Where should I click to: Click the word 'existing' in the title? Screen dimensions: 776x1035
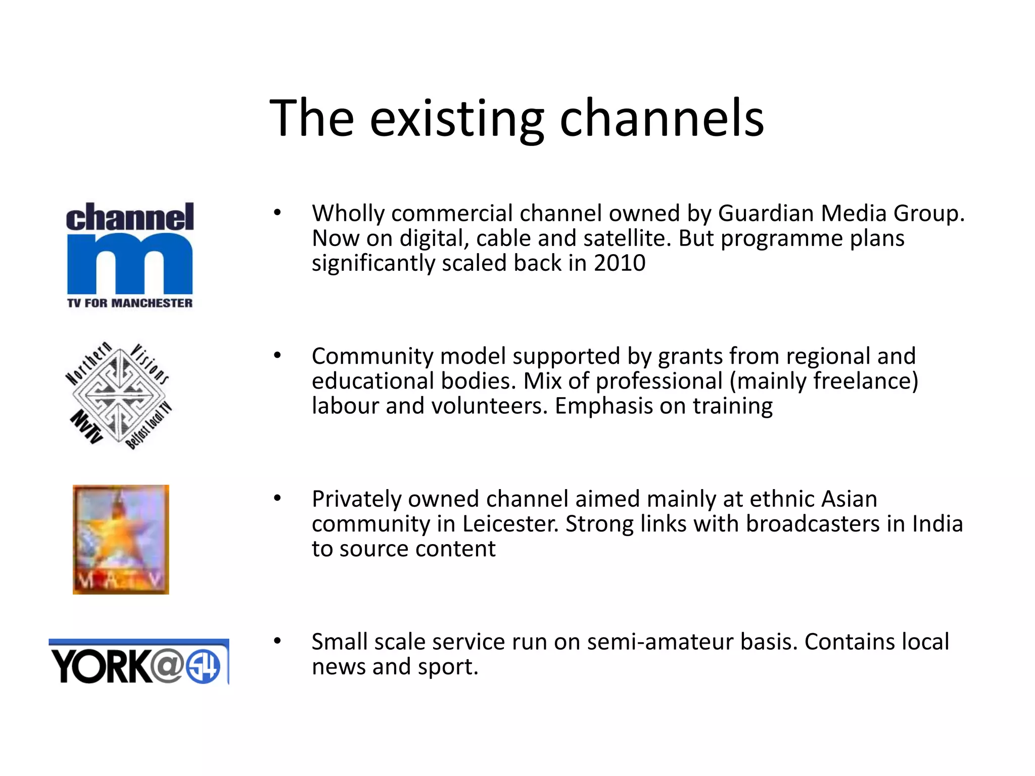click(457, 119)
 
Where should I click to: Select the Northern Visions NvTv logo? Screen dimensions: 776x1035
click(119, 396)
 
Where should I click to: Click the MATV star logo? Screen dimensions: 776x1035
click(121, 539)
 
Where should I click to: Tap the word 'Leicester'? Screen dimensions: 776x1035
click(510, 524)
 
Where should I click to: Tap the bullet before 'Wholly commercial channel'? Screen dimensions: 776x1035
click(277, 213)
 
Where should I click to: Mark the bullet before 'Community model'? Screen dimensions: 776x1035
click(277, 356)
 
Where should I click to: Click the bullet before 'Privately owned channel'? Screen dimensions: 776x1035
click(277, 499)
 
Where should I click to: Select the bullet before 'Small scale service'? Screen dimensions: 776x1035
click(277, 642)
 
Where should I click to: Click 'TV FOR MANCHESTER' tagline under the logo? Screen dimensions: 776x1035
click(130, 303)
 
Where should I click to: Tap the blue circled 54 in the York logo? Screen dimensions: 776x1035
click(203, 666)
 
